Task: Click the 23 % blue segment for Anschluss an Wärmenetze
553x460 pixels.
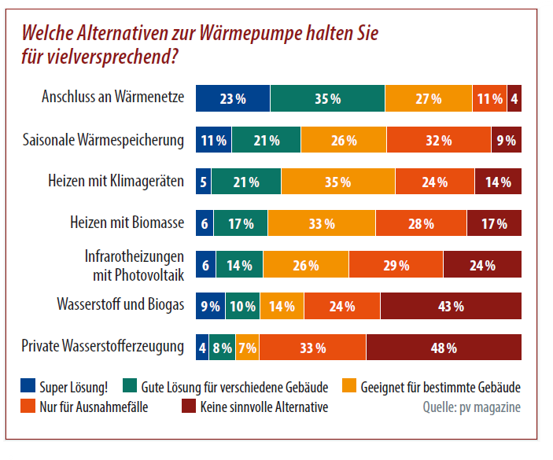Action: pos(233,98)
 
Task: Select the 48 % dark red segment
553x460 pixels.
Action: pos(444,347)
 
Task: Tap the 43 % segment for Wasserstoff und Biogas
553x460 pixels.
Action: pos(451,306)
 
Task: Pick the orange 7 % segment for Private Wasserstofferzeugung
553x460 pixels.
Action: pos(247,347)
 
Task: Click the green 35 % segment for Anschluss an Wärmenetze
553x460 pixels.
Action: pos(327,98)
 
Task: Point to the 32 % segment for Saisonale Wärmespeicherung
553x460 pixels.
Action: pos(433,141)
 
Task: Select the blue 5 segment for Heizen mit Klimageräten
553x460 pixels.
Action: pos(204,182)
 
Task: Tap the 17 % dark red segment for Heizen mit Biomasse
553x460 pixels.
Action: pos(494,223)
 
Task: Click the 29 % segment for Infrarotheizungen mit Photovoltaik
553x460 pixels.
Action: pos(396,265)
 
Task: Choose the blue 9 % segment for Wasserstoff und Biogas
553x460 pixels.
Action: pos(210,306)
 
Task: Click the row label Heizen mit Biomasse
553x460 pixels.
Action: pos(127,223)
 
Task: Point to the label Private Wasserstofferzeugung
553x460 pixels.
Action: pos(103,346)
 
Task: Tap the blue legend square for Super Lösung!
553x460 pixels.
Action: pos(28,386)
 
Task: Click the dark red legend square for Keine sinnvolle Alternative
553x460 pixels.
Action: pos(188,407)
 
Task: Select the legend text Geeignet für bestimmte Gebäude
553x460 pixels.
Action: pos(441,387)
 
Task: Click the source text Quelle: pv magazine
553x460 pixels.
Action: pos(471,407)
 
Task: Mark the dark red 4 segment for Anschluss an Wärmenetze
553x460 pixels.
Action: pos(514,98)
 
